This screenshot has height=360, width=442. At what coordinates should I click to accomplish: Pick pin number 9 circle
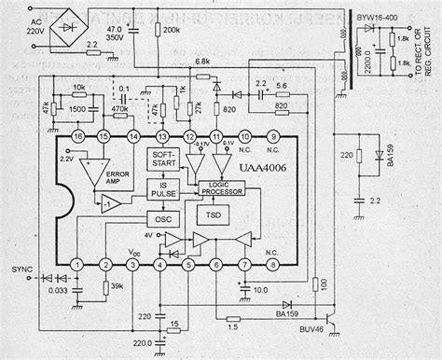point(274,136)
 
